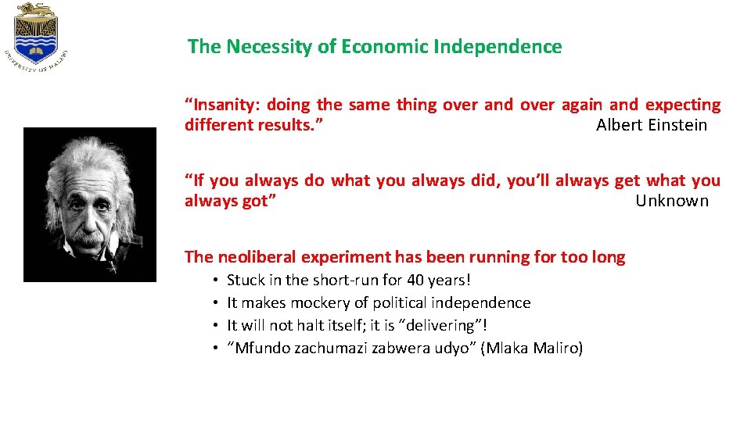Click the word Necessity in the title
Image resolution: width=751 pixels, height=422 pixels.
268,47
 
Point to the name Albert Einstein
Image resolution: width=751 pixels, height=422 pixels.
652,125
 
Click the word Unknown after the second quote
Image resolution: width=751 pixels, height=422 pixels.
672,201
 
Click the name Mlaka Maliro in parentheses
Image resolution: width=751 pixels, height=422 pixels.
533,349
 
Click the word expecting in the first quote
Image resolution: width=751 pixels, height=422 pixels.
682,105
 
